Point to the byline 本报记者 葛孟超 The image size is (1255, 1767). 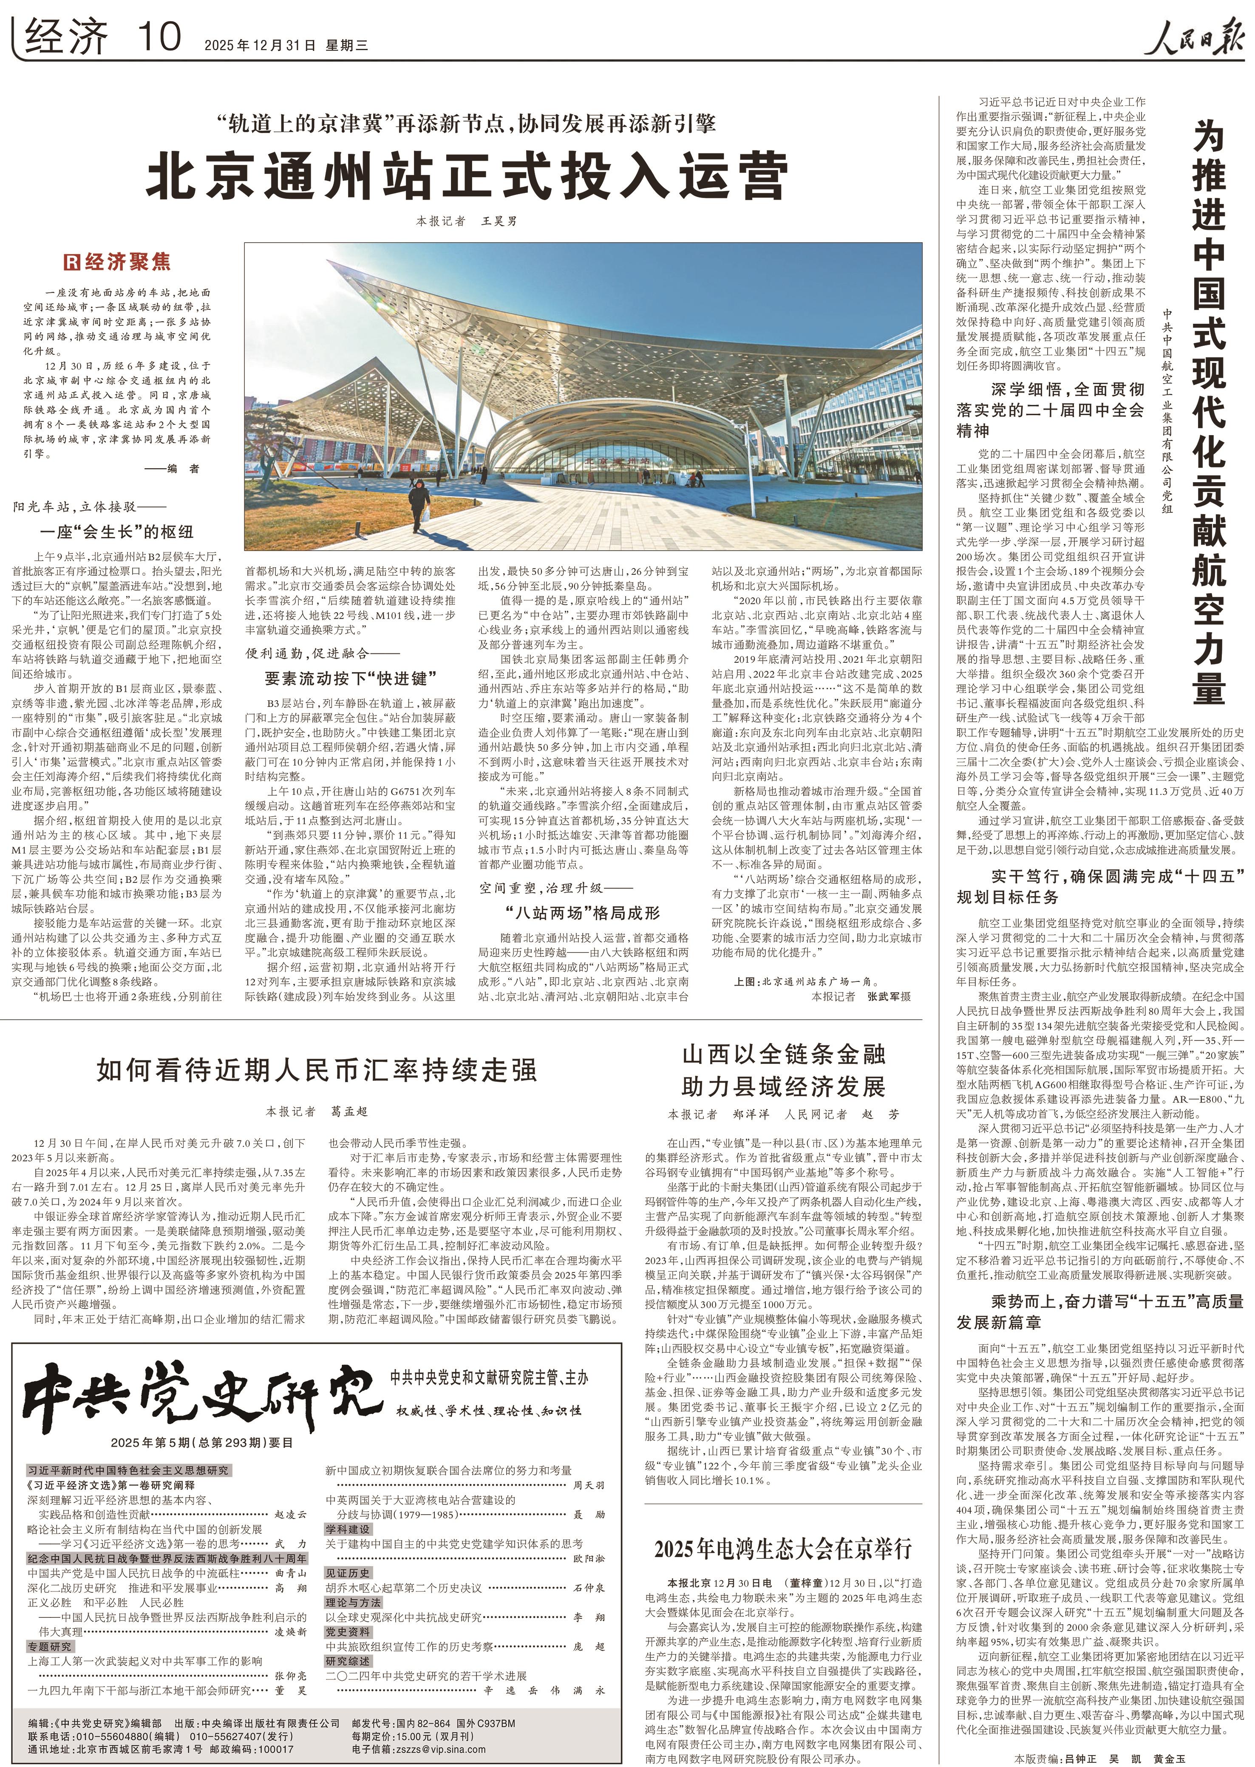(317, 1111)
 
